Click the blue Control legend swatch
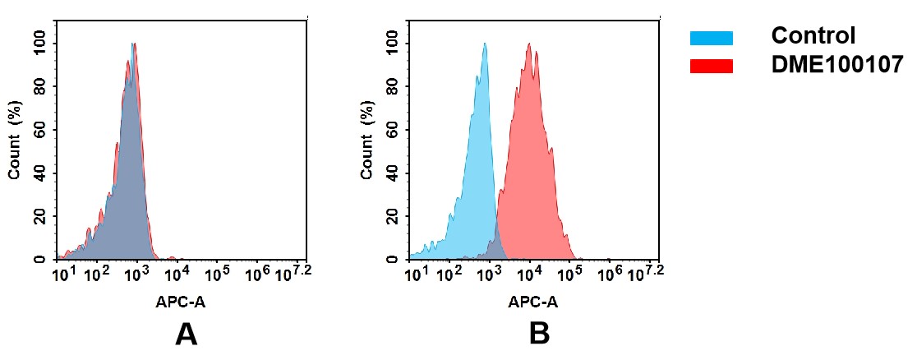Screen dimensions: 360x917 pyautogui.click(x=711, y=37)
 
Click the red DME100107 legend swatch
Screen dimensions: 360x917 pyautogui.click(x=711, y=66)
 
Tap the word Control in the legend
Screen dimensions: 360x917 pyautogui.click(x=813, y=36)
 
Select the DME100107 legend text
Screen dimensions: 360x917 pyautogui.click(x=837, y=66)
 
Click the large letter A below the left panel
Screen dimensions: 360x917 pyautogui.click(x=187, y=334)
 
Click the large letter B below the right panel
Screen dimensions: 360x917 pyautogui.click(x=539, y=334)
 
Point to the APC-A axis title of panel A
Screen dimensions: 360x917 pyautogui.click(x=181, y=302)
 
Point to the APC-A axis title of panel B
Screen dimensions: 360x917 pyautogui.click(x=533, y=302)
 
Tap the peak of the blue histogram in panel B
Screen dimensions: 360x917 pyautogui.click(x=485, y=44)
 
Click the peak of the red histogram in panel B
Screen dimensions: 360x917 pyautogui.click(x=530, y=44)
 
